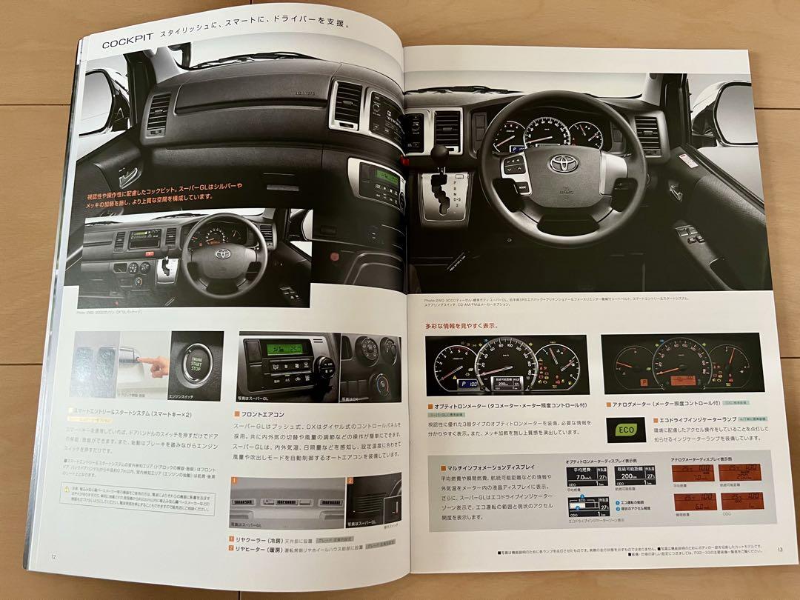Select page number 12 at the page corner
[x=53, y=557]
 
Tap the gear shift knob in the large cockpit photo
[x=441, y=153]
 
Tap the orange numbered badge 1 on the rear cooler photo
[x=234, y=481]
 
